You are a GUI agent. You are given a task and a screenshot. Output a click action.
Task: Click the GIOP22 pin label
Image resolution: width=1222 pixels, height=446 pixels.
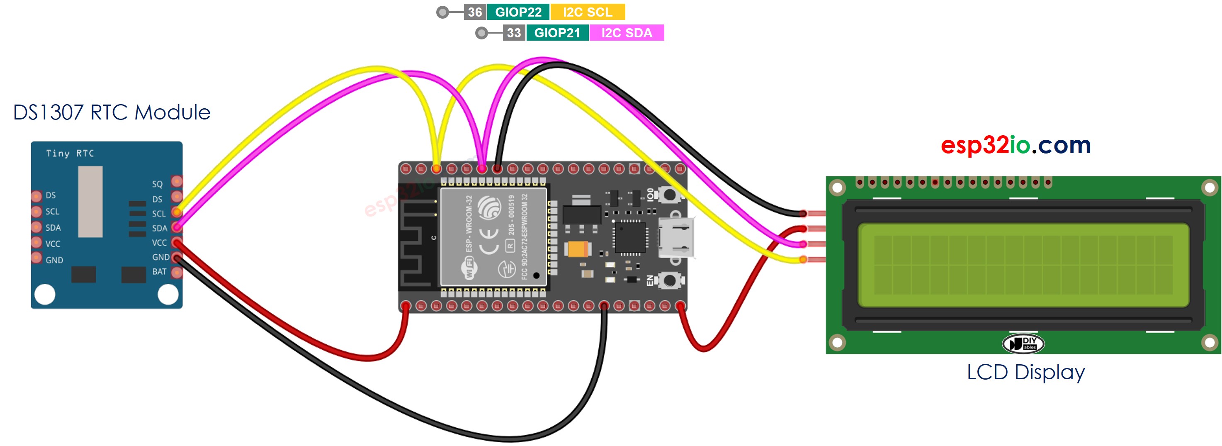pos(518,12)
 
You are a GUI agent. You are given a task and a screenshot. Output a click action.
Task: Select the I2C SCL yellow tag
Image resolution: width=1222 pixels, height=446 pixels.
pos(587,12)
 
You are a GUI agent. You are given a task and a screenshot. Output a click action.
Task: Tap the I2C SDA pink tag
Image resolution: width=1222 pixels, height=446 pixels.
pos(626,33)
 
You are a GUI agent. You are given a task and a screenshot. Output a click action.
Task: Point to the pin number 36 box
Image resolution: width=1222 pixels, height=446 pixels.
pos(474,12)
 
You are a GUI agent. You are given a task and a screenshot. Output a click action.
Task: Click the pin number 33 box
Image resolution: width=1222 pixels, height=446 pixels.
pos(514,33)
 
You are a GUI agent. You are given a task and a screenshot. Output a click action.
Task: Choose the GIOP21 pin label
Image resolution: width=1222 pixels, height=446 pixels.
pos(557,33)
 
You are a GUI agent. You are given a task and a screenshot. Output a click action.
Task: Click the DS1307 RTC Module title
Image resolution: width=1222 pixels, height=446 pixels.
pos(112,112)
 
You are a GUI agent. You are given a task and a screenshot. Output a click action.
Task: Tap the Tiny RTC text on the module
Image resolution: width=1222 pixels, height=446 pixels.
pos(70,153)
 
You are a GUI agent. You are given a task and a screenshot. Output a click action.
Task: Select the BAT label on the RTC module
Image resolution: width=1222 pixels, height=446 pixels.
pos(159,272)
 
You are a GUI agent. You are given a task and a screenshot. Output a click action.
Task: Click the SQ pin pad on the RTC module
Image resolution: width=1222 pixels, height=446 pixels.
pos(177,181)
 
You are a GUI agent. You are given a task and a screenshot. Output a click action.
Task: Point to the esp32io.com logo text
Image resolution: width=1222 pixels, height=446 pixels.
pos(1015,145)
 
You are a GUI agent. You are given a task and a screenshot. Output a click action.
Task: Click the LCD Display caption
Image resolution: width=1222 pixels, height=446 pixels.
pos(1025,373)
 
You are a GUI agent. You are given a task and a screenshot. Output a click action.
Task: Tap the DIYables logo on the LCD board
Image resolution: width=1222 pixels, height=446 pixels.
pos(1023,344)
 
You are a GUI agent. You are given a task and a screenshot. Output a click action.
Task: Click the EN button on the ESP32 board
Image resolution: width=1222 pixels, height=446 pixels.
pos(669,280)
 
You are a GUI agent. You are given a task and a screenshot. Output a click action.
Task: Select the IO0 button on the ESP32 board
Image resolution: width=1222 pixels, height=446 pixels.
pos(669,194)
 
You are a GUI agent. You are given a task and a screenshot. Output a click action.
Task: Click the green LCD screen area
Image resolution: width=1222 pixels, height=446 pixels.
pos(1023,265)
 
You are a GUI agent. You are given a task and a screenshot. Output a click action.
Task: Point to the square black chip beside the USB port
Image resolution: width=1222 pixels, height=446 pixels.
pos(630,237)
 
